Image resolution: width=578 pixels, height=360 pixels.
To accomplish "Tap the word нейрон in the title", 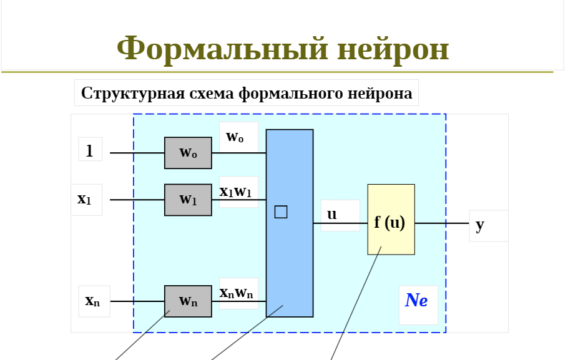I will (393, 49).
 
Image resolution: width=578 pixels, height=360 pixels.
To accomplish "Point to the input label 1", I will (90, 150).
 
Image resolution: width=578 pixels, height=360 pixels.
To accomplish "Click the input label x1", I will (85, 200).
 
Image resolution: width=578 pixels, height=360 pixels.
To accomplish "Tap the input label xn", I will (92, 301).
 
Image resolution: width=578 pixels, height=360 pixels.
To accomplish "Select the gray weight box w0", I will (188, 153).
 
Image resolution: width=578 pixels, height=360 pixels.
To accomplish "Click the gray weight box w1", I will (188, 200).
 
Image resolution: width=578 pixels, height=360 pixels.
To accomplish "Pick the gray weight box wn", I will (188, 301).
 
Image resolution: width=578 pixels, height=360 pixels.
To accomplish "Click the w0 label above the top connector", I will (235, 137).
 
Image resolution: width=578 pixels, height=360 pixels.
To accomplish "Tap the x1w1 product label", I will (236, 192).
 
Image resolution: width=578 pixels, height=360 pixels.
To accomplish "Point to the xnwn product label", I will (236, 293).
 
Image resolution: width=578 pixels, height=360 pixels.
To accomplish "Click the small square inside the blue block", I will (281, 212).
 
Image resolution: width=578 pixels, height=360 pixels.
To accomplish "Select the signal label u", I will (332, 215).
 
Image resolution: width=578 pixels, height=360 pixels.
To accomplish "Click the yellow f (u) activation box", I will (391, 220).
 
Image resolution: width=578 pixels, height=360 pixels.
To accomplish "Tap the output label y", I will (479, 225).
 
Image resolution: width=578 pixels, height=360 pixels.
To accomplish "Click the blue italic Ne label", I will (416, 301).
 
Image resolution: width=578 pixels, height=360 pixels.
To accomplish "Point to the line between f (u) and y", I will (441, 223).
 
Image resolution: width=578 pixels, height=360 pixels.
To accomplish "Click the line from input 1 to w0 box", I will (137, 153).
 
